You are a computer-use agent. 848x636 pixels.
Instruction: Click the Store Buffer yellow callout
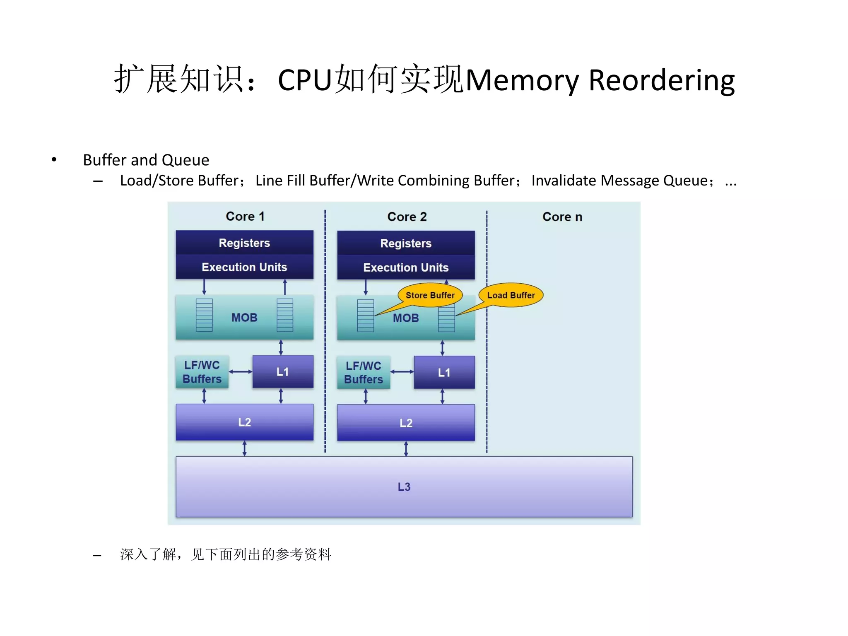pos(430,295)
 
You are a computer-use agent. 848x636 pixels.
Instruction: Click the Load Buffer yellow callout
pos(511,295)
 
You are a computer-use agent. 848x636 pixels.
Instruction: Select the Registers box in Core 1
pos(244,243)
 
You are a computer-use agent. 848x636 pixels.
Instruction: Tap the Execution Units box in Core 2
pos(406,267)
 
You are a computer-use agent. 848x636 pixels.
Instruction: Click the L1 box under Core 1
pos(283,372)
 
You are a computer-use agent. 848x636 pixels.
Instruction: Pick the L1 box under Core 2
pos(444,373)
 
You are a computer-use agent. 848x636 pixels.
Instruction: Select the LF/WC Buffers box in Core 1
pos(202,372)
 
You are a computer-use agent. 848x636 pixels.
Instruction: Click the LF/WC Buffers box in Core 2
pos(364,373)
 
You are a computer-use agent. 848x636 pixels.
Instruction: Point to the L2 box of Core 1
pos(244,422)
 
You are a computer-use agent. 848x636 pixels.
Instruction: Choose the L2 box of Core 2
pos(406,423)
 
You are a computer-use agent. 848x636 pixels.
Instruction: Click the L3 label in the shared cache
pos(404,487)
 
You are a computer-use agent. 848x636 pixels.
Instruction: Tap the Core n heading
pos(562,217)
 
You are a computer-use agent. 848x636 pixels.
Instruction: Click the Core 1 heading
pos(245,216)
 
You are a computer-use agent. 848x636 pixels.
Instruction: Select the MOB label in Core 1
pos(244,318)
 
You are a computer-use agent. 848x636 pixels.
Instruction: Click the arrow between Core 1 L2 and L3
pos(244,448)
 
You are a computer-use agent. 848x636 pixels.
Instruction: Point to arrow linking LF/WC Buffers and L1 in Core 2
pos(402,372)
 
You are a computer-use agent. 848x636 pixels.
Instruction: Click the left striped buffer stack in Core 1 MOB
pos(204,315)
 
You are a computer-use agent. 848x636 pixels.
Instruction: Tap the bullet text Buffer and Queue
pos(146,160)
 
